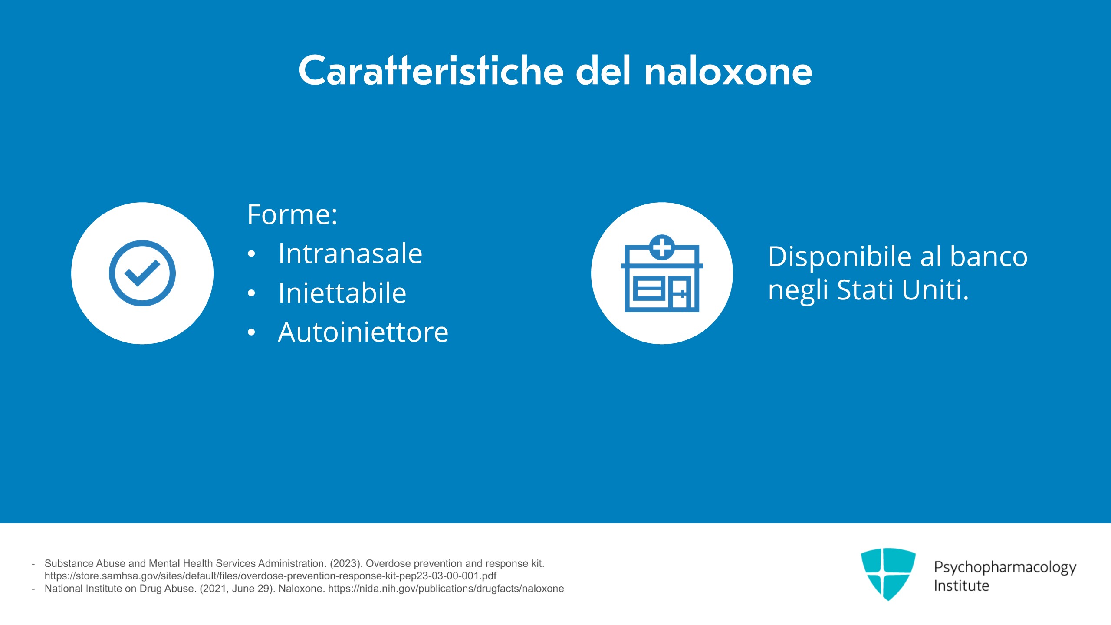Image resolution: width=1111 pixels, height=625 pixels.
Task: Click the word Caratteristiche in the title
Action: pos(431,70)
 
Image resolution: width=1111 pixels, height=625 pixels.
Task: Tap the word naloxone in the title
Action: pos(728,70)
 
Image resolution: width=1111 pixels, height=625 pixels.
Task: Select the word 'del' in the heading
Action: pos(603,70)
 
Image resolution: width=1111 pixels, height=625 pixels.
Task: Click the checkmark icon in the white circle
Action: pos(142,273)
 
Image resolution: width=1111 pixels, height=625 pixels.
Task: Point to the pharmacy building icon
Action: pos(662,273)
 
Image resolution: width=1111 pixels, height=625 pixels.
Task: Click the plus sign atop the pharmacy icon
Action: pos(662,247)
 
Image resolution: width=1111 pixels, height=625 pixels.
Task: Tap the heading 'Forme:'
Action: pos(292,214)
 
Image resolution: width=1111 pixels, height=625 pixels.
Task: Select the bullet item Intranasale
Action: pos(350,253)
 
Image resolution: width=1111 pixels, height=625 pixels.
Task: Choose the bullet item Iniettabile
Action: pos(342,293)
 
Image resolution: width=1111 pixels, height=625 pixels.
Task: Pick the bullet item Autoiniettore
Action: pos(363,332)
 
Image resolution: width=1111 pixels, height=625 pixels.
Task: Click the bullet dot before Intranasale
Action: pos(251,254)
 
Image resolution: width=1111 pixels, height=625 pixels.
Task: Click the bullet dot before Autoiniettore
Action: pos(251,332)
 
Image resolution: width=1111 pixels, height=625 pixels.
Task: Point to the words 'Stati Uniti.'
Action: pos(903,289)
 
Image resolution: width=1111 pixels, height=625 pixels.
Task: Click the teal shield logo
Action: pos(888,574)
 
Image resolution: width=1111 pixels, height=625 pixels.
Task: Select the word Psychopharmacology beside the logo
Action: pos(1005,567)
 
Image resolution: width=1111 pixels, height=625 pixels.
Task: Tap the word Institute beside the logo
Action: pos(961,586)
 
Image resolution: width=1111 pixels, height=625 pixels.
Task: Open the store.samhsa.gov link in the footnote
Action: pos(270,576)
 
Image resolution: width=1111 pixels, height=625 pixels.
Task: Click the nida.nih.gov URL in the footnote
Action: pos(446,589)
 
